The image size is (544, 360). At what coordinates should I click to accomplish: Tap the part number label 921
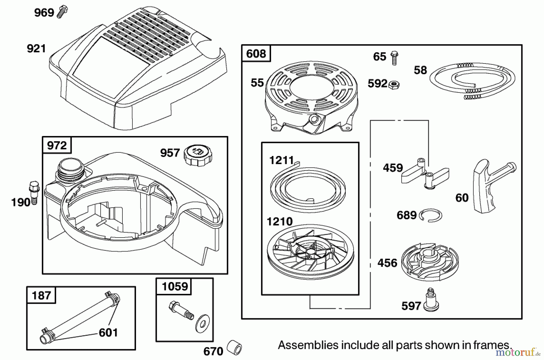(36, 49)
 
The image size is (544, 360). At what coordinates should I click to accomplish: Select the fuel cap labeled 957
(198, 155)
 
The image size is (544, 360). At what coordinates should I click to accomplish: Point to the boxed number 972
(57, 145)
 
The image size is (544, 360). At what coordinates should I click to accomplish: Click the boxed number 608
(256, 54)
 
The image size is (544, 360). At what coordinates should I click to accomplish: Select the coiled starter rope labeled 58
(473, 80)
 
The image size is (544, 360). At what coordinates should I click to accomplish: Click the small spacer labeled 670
(235, 348)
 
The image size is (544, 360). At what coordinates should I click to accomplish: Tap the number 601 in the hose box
(108, 333)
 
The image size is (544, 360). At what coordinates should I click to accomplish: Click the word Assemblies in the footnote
(308, 345)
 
